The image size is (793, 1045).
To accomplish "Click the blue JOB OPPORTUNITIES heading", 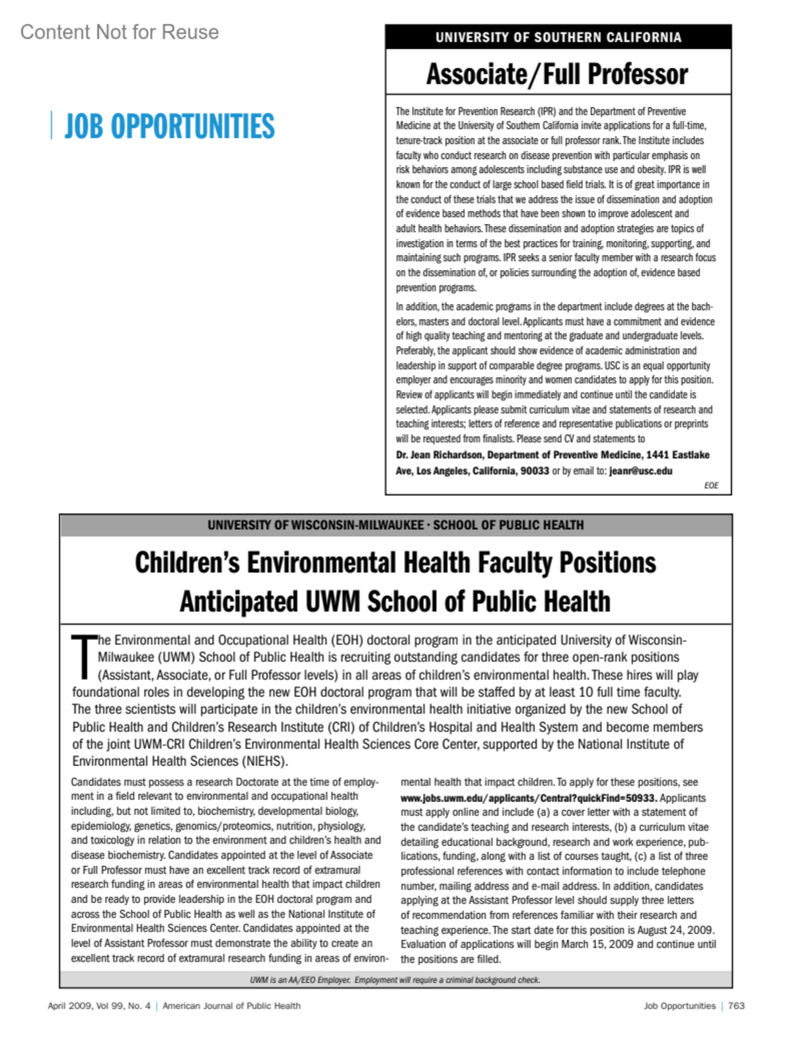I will [169, 126].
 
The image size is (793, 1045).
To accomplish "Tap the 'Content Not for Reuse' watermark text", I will [120, 32].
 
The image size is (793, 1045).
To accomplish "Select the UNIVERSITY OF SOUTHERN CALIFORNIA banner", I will [558, 38].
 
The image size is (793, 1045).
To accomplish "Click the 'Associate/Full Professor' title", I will [557, 74].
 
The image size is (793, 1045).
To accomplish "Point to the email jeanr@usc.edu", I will [640, 471].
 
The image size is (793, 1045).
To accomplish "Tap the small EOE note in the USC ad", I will [711, 486].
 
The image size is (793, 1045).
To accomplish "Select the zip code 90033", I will [535, 471].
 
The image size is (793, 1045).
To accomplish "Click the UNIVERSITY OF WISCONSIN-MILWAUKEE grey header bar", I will [396, 525].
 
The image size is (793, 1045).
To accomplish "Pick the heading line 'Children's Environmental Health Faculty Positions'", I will [396, 563].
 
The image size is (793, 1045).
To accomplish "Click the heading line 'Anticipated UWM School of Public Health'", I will [395, 602].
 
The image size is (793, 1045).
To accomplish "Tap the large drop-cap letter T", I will [83, 657].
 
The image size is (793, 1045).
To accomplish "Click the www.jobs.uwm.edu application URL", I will [529, 798].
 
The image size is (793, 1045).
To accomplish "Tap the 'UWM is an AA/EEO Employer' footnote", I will [395, 980].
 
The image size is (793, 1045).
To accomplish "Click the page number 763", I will [736, 1006].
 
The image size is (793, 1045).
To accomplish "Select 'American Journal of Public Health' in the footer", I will [231, 1006].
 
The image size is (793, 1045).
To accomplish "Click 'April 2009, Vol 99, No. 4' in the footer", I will [99, 1006].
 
